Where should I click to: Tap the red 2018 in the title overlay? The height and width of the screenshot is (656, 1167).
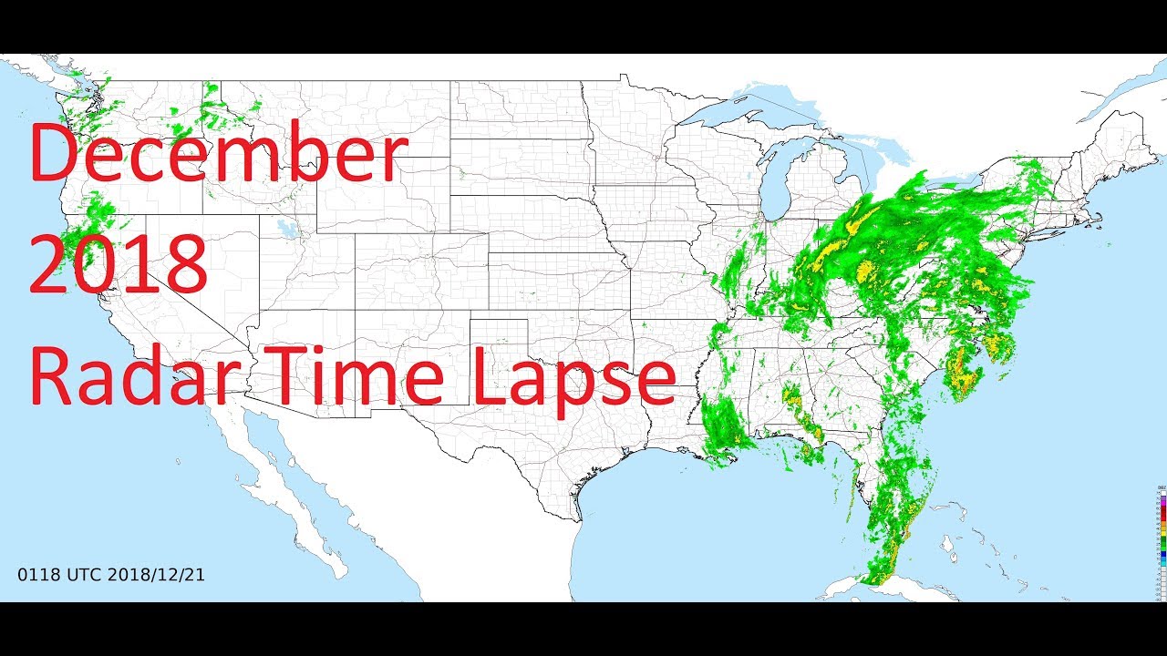coord(119,264)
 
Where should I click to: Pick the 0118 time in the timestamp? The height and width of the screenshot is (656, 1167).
coord(35,575)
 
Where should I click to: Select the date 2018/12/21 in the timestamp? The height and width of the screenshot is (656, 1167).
coord(156,575)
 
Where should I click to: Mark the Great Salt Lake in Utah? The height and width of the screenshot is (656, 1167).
coord(290,228)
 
